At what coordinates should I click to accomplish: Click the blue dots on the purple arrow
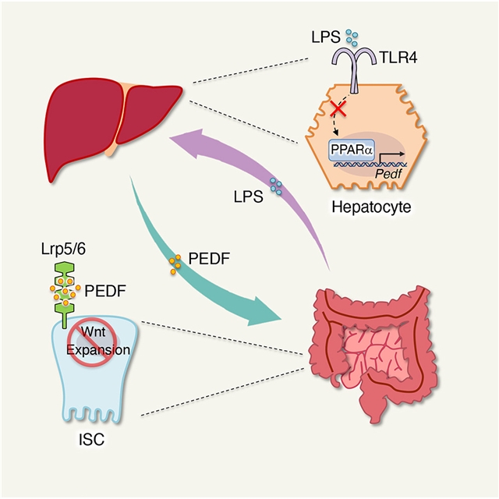tap(275, 186)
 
